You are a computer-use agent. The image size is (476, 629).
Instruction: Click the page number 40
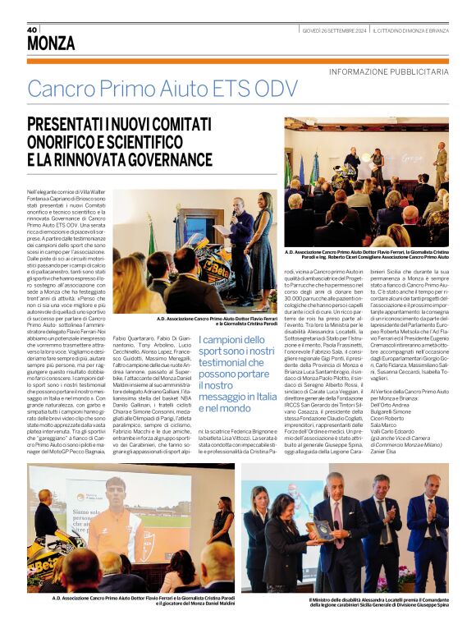(34, 30)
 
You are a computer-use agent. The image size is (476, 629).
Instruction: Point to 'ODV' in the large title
(276, 89)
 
